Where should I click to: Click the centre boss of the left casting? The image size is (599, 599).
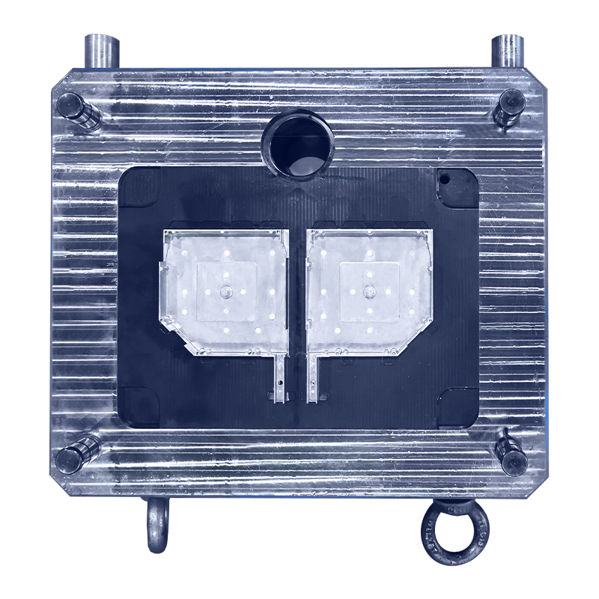point(224,290)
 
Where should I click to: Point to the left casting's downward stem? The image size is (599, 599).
point(279,378)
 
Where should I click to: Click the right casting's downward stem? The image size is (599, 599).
point(312,378)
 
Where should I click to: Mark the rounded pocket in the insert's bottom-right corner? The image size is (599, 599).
point(457,405)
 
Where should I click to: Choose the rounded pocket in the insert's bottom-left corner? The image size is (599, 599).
point(139,405)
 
